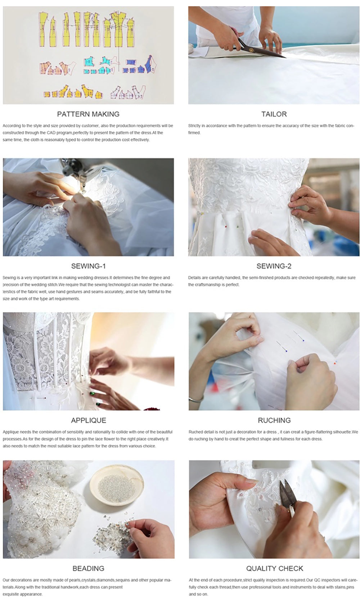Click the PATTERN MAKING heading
(x=88, y=114)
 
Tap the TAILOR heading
(x=274, y=114)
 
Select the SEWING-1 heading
(x=89, y=266)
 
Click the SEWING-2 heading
(x=274, y=266)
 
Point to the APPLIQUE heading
(x=89, y=420)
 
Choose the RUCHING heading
(x=274, y=420)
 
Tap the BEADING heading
(x=89, y=568)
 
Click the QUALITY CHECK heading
(x=275, y=568)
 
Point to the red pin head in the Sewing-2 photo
(x=226, y=227)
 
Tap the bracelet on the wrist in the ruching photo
(x=197, y=399)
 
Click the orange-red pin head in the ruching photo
(x=335, y=363)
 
